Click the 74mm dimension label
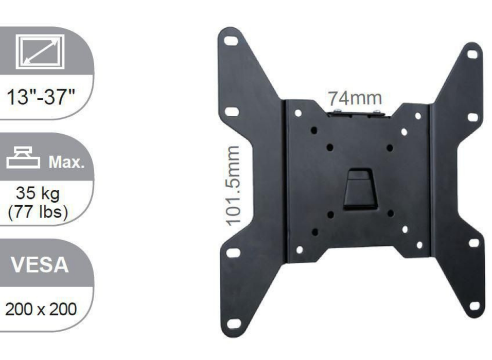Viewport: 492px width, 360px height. [x=355, y=98]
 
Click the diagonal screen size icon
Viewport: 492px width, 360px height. [x=40, y=51]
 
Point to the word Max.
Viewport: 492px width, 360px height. [x=65, y=163]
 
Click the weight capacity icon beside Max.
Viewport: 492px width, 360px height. [x=23, y=158]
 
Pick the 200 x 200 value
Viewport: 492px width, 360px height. [x=41, y=310]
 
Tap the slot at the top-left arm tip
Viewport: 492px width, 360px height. [x=232, y=41]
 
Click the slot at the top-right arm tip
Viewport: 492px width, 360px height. [x=472, y=53]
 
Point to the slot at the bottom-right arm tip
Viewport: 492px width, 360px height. [x=475, y=306]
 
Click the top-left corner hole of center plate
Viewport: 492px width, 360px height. [x=298, y=113]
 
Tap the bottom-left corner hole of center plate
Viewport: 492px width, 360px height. [x=299, y=250]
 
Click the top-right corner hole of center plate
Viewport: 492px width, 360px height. [x=418, y=116]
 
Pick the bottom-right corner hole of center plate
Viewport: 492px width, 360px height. [x=419, y=245]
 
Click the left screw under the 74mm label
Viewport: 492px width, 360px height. [x=337, y=112]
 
